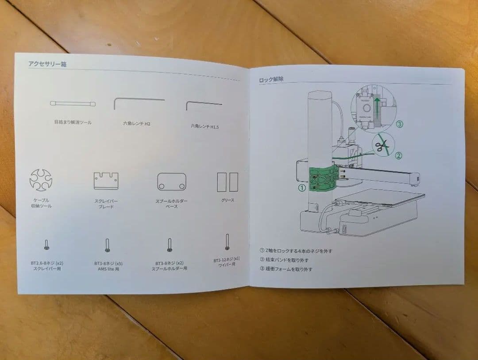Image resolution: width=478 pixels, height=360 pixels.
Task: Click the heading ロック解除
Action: click(x=271, y=80)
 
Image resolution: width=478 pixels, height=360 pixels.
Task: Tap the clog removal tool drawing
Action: click(x=73, y=103)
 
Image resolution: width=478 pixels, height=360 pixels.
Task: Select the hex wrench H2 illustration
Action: click(x=138, y=102)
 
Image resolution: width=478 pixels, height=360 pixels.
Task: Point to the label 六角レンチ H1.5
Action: click(x=204, y=126)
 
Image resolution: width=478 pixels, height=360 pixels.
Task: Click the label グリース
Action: click(x=227, y=200)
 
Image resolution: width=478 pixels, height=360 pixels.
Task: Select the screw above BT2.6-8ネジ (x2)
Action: click(x=46, y=245)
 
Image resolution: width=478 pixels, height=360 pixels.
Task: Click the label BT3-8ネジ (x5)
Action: click(x=108, y=263)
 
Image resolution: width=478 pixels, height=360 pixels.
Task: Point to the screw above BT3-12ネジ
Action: click(x=227, y=242)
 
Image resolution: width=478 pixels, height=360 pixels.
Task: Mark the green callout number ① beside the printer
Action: click(x=301, y=188)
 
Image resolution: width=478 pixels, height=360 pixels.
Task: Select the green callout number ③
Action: click(x=399, y=124)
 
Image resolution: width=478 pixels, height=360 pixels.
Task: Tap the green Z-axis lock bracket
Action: click(x=323, y=179)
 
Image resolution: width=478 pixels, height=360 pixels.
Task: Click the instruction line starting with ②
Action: click(x=284, y=260)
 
